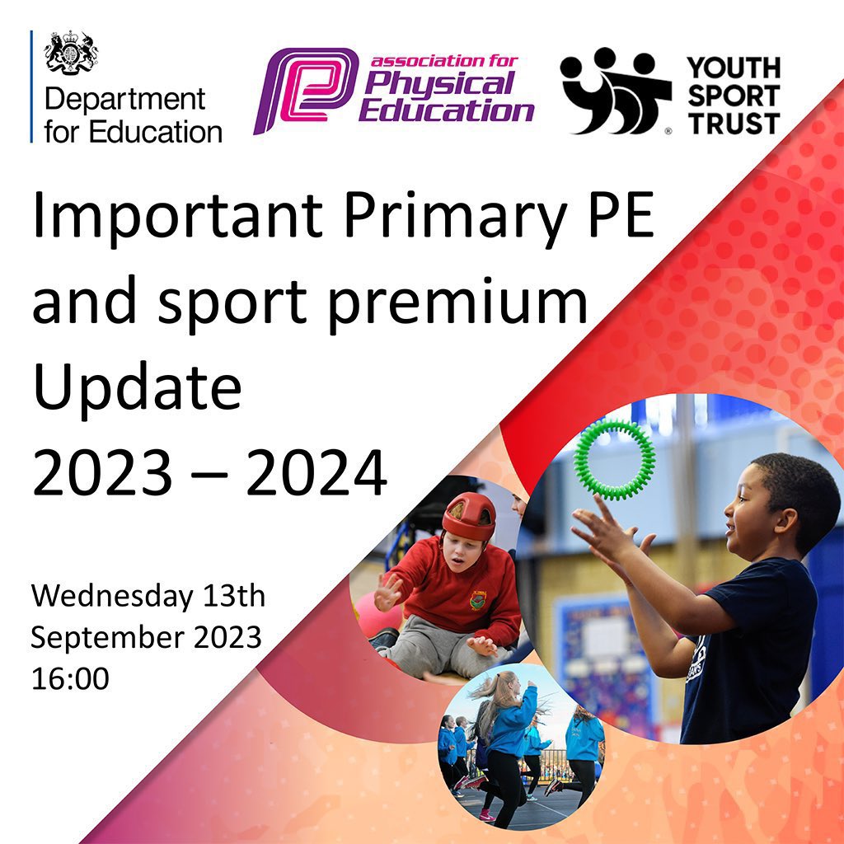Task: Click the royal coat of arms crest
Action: click(72, 54)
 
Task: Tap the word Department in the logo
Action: click(124, 100)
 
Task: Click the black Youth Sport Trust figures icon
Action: click(614, 91)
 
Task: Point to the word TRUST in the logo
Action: click(734, 124)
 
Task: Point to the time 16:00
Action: click(70, 678)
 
